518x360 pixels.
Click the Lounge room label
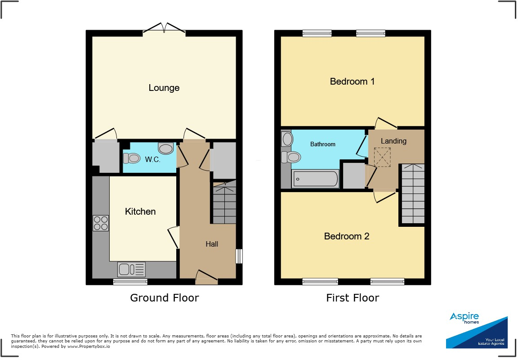click(x=164, y=88)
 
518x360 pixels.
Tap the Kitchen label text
click(x=140, y=211)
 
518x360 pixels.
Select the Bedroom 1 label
click(x=352, y=81)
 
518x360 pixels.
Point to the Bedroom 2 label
click(x=347, y=236)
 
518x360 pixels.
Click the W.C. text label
click(x=153, y=159)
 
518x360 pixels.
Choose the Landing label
click(x=393, y=141)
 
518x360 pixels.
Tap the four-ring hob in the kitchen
click(x=100, y=223)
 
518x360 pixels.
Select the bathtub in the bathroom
click(x=315, y=179)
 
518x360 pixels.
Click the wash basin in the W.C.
click(x=166, y=148)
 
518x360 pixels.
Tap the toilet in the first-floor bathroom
click(x=292, y=157)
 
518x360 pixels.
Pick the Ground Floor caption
click(x=164, y=298)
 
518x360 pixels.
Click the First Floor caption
click(x=353, y=298)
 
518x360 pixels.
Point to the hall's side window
click(x=239, y=256)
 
